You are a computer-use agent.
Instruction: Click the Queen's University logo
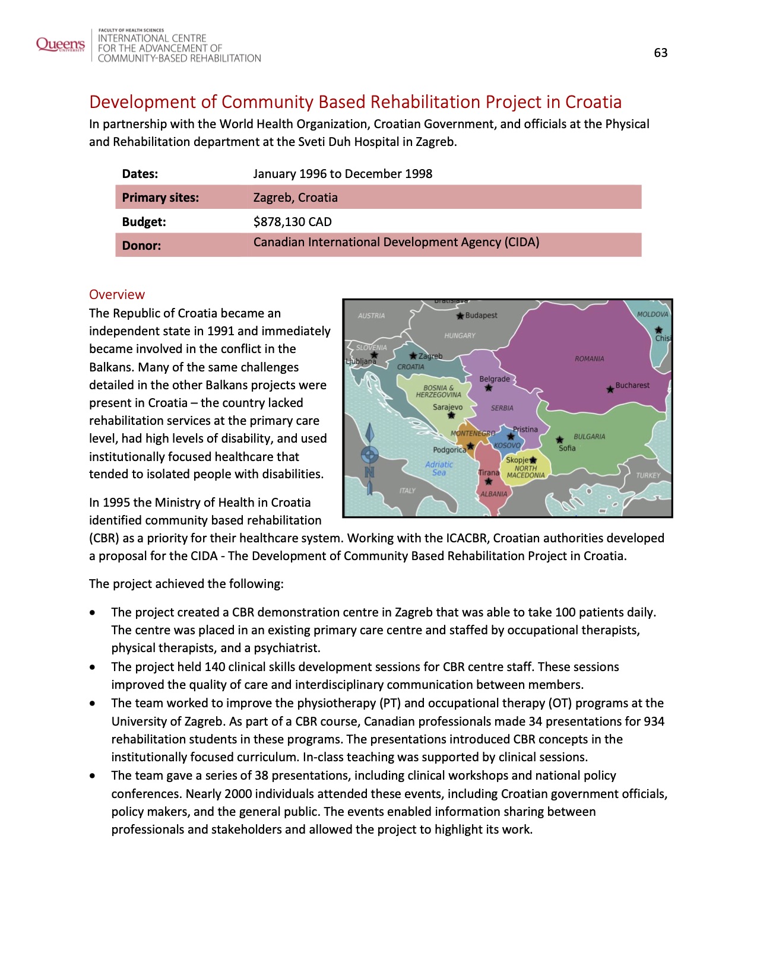[x=60, y=45]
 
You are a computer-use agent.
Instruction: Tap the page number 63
[x=660, y=53]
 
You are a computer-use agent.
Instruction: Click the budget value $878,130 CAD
[x=292, y=222]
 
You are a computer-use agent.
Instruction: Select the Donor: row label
[x=141, y=246]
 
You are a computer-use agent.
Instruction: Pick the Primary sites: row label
[x=160, y=198]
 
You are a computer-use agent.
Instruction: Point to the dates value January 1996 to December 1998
[x=342, y=174]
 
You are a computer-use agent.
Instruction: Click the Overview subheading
[x=116, y=295]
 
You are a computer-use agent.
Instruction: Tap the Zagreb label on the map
[x=430, y=356]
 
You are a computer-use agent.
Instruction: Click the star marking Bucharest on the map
[x=610, y=390]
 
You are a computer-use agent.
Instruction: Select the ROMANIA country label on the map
[x=589, y=359]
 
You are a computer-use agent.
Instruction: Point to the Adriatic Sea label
[x=439, y=468]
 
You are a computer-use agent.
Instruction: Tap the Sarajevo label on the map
[x=447, y=407]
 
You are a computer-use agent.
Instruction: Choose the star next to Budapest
[x=460, y=316]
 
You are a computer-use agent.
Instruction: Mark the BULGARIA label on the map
[x=589, y=437]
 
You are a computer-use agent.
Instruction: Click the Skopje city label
[x=517, y=460]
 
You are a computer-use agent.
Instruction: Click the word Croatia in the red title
[x=593, y=102]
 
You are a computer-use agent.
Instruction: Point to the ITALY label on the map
[x=407, y=491]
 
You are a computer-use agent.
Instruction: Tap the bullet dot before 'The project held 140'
[x=92, y=667]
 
